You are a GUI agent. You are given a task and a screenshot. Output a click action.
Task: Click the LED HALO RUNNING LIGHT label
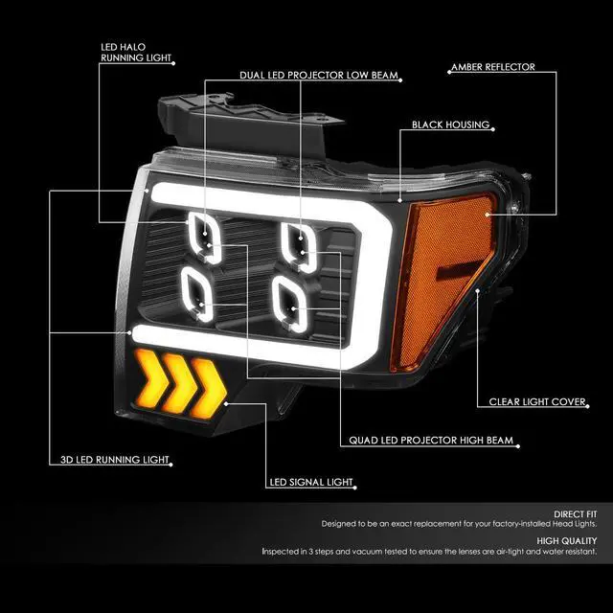point(137,52)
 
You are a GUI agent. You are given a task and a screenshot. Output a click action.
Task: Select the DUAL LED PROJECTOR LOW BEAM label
point(319,76)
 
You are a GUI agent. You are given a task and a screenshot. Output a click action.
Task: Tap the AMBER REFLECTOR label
point(491,68)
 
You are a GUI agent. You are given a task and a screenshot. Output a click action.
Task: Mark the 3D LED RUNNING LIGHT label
point(109,461)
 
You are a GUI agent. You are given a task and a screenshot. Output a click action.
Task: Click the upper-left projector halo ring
point(204,234)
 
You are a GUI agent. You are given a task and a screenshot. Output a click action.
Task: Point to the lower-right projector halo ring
point(290,298)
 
